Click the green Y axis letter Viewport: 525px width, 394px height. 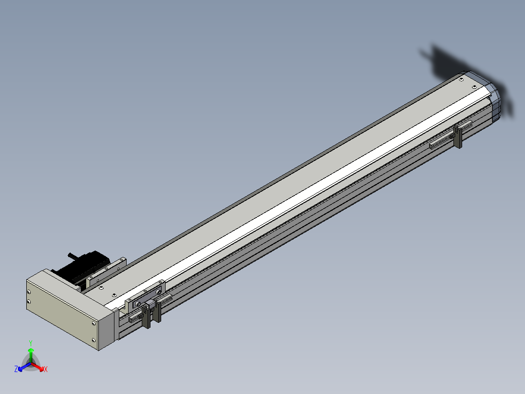(31, 343)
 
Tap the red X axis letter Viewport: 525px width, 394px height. (46, 369)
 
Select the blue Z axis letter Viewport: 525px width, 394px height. (16, 369)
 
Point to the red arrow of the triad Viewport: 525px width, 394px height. (37, 367)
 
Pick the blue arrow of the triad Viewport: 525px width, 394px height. (24, 367)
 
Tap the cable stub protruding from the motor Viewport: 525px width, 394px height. (72, 256)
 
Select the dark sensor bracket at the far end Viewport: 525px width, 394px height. (458, 137)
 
